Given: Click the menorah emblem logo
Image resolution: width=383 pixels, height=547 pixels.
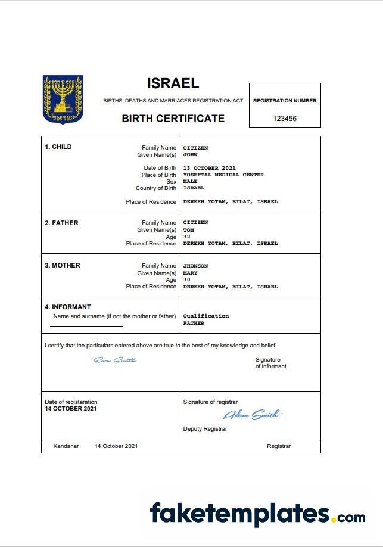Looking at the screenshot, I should pos(63,99).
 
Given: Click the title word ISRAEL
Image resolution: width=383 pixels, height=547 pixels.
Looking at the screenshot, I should pos(173,83).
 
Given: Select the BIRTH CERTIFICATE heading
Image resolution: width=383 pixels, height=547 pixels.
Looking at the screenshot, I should pos(173,118).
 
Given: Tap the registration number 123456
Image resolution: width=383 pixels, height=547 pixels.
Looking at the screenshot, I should pos(285,119).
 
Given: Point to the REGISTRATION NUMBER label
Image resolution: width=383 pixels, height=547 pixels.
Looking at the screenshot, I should pos(285,101).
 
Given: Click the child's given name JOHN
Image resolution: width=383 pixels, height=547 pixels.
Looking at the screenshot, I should pos(190,154).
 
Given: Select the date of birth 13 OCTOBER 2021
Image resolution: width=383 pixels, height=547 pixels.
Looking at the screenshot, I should pos(209,168).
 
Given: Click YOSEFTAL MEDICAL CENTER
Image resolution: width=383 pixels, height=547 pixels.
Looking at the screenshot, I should pos(223,175).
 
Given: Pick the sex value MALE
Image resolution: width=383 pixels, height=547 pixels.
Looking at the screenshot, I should pos(190,181).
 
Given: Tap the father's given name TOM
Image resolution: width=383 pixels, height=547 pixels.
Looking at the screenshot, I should pos(188,229).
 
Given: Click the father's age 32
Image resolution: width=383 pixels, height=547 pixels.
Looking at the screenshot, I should pos(186,237).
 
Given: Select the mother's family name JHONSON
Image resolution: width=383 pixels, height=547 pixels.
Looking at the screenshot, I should pos(195,266).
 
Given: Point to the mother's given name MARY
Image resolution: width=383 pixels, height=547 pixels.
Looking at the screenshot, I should pos(190,273).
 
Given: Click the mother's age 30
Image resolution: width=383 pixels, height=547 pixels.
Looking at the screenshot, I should pos(186,280).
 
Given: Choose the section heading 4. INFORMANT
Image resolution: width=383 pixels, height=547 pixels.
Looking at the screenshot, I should pos(68,307).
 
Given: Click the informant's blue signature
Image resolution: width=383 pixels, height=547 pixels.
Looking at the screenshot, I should pos(115,360).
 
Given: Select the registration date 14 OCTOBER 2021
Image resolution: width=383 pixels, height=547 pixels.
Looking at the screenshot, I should pos(70,409).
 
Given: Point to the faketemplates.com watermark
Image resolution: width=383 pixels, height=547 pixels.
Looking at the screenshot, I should pos(257,514).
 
